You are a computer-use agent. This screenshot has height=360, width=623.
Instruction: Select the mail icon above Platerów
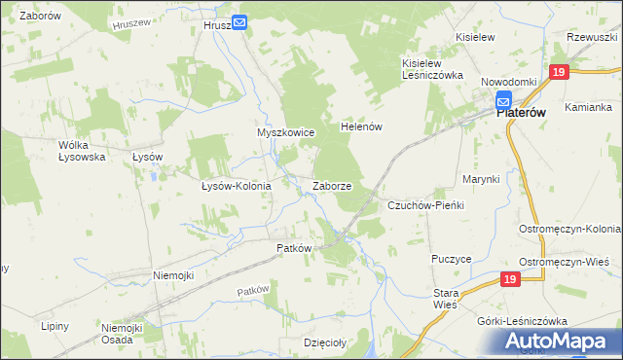(503, 98)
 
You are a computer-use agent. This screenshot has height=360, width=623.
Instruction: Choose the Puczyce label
(451, 260)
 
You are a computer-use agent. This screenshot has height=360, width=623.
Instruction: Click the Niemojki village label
(173, 275)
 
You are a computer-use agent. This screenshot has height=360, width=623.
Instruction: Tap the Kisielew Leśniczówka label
(428, 69)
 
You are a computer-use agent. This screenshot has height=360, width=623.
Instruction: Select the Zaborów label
(40, 18)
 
